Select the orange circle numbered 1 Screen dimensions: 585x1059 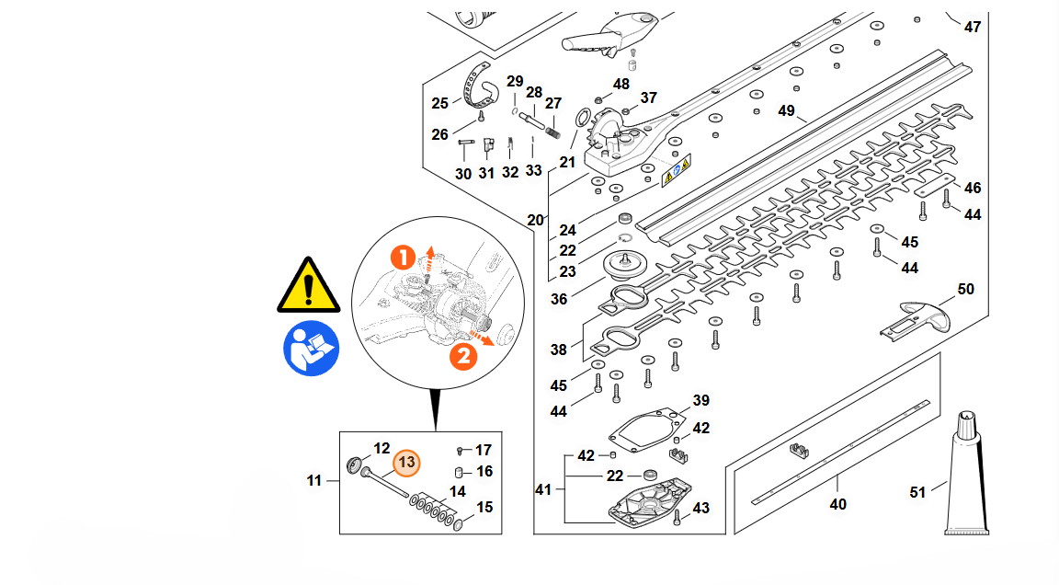(x=402, y=258)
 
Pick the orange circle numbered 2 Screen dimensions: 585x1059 (x=464, y=355)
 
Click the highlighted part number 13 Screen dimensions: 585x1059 (x=405, y=463)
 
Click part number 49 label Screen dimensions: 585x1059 (x=786, y=111)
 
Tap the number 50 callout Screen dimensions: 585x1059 (x=965, y=290)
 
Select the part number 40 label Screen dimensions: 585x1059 (x=837, y=504)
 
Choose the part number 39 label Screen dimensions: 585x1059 (x=700, y=401)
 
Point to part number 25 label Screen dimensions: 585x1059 (x=440, y=103)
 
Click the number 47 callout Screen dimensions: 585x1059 (x=973, y=28)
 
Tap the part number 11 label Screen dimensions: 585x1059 (x=315, y=480)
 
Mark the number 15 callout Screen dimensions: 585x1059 (x=484, y=508)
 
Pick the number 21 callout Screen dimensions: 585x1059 (x=567, y=162)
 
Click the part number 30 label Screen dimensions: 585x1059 (x=463, y=174)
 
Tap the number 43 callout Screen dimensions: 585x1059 (x=701, y=509)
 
